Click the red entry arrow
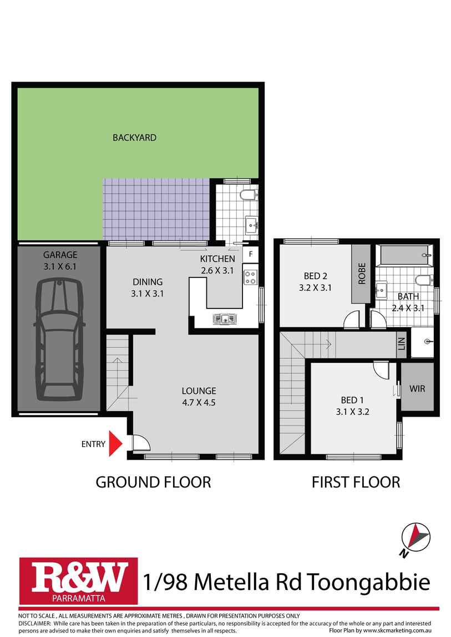[x=115, y=443]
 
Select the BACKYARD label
[x=134, y=137]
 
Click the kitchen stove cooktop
[x=250, y=277]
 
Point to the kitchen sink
[x=225, y=318]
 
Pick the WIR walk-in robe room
[x=417, y=388]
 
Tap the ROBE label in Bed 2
[x=362, y=273]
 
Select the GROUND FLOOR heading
[x=153, y=482]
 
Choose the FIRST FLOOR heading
[x=356, y=482]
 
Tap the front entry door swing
[x=140, y=443]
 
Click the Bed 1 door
[x=381, y=369]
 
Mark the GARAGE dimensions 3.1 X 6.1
[x=60, y=266]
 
